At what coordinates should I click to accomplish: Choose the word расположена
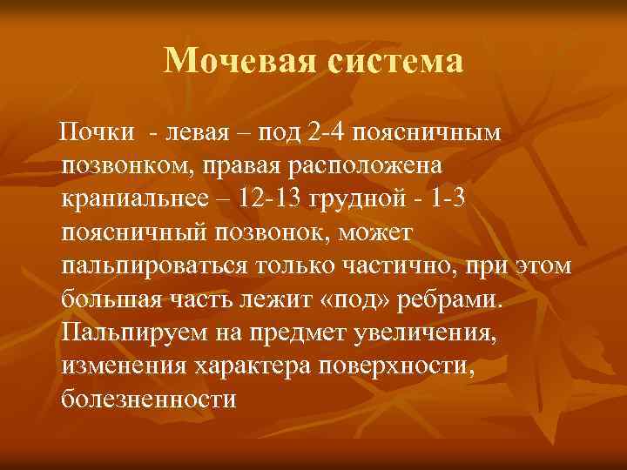373,165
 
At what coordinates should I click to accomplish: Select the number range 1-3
451,199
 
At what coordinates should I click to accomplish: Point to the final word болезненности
149,399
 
